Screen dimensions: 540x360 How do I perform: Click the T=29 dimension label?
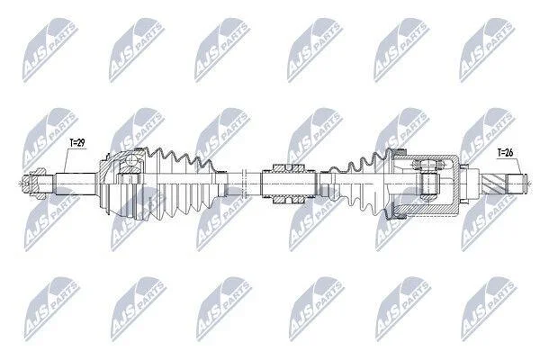(x=77, y=142)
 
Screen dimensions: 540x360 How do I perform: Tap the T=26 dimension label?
(x=505, y=153)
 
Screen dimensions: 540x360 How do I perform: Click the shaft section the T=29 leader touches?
(x=76, y=184)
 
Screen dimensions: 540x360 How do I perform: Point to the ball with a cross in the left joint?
(x=131, y=160)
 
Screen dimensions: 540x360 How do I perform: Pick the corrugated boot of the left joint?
(x=184, y=184)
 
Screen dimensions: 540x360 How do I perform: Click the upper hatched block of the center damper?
(x=288, y=168)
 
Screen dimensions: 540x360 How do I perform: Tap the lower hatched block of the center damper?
(x=288, y=200)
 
